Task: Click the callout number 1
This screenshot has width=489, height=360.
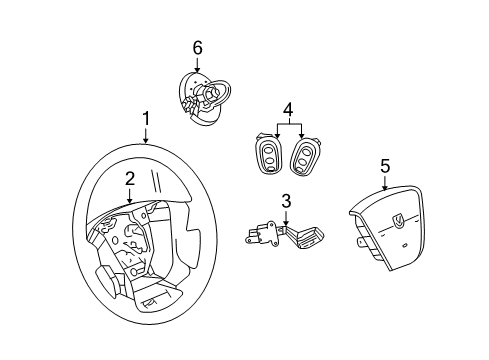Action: point(146,119)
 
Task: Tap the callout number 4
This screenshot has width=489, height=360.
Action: point(288,108)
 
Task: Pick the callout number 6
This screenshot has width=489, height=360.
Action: point(197,48)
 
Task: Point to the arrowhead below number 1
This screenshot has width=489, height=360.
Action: point(146,143)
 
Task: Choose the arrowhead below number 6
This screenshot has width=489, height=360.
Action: point(197,72)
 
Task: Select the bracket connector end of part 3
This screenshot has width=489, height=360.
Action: point(258,236)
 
